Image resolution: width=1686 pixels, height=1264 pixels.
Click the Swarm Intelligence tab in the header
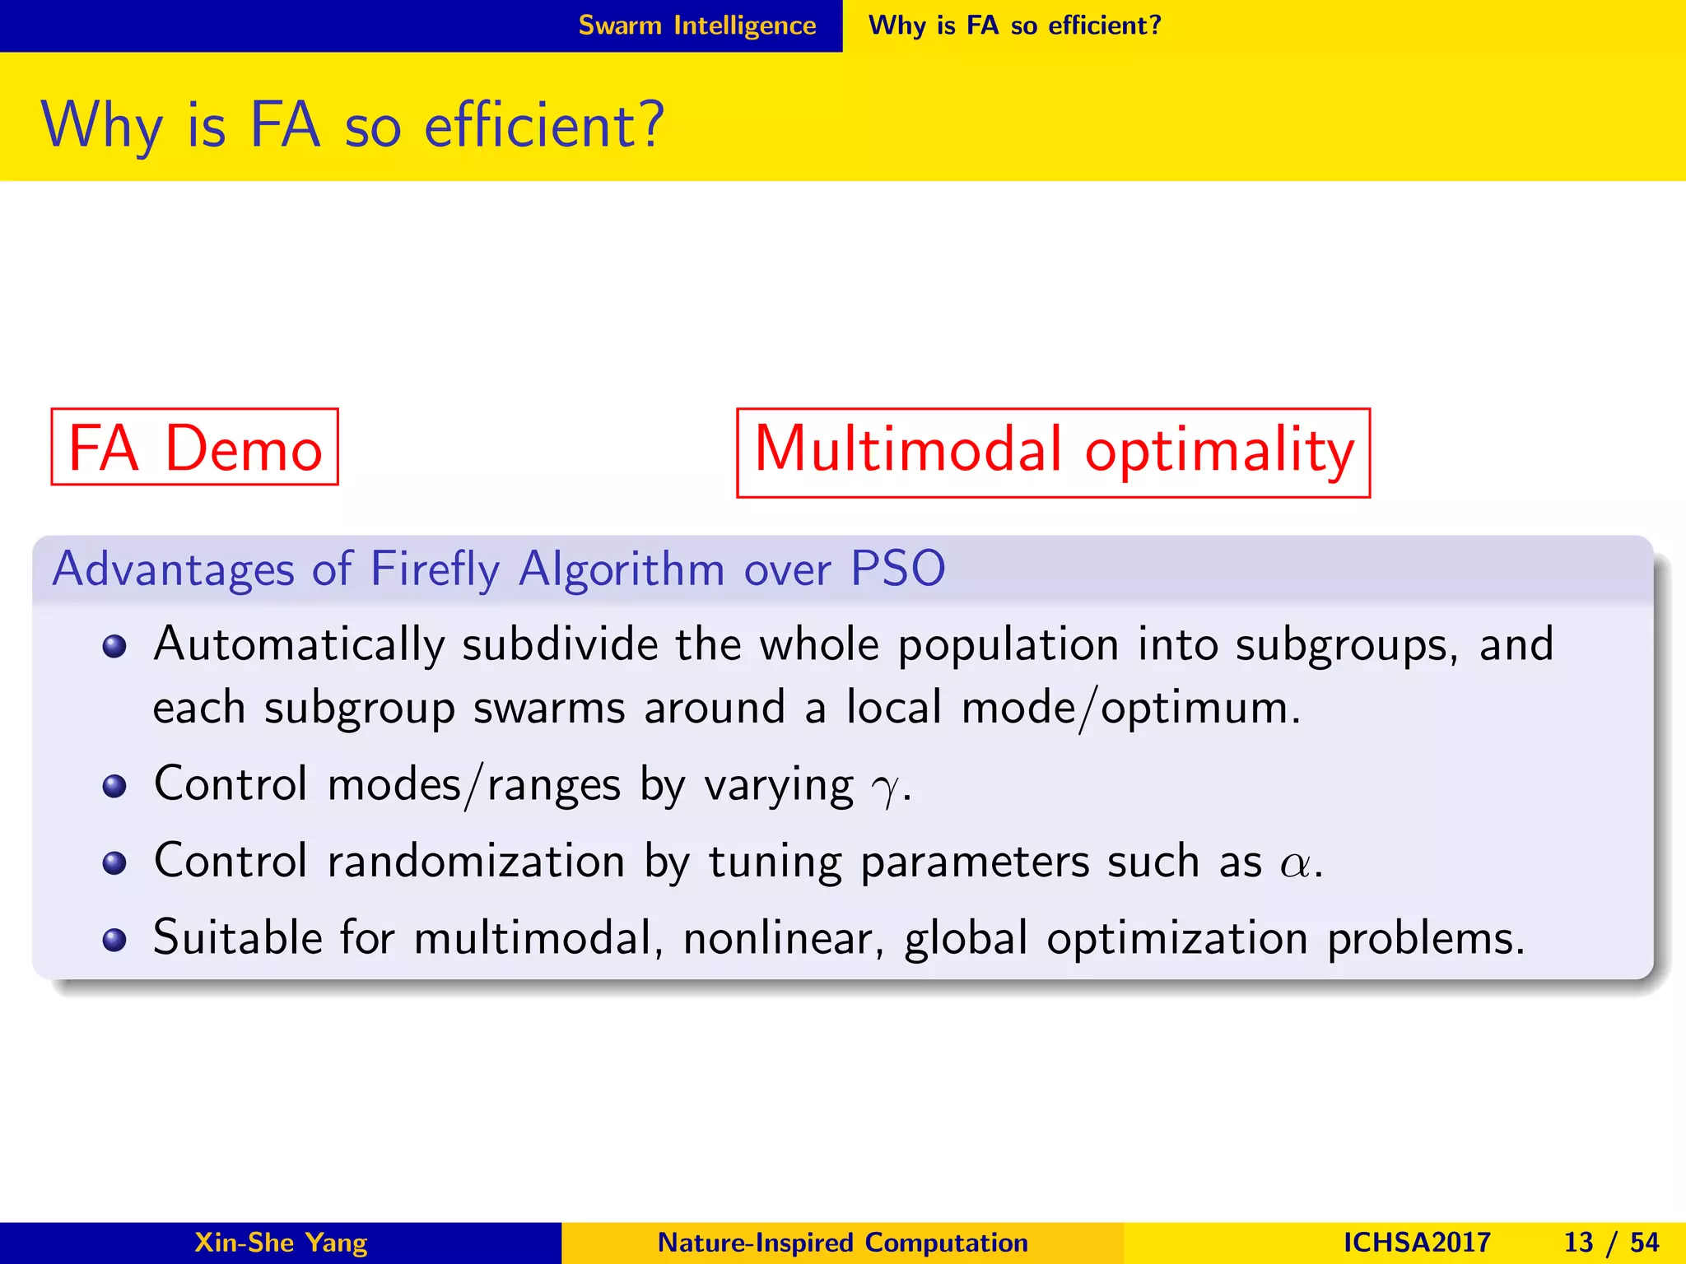696,26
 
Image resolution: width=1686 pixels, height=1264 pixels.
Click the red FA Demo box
194,447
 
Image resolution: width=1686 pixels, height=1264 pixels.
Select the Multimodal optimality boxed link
1053,452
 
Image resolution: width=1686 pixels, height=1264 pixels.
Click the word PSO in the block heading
897,569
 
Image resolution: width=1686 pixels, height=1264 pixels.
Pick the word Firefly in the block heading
435,569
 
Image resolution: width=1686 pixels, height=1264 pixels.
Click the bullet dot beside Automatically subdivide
114,646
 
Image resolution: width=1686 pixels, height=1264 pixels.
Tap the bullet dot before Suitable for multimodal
114,939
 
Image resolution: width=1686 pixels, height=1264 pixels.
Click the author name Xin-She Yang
280,1242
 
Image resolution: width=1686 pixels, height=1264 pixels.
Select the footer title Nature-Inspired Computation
842,1242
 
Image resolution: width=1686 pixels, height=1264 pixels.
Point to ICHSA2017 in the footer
1416,1242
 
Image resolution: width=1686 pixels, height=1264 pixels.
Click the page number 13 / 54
1610,1242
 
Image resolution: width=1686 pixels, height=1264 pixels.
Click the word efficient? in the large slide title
543,125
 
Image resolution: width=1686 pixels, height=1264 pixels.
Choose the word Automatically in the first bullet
299,644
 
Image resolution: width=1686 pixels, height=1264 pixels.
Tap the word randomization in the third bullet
476,862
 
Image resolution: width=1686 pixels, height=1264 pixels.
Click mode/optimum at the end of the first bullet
1129,708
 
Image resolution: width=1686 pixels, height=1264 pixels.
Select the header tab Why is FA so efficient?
1014,26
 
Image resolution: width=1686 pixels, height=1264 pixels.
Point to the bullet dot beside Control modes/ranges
114,786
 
